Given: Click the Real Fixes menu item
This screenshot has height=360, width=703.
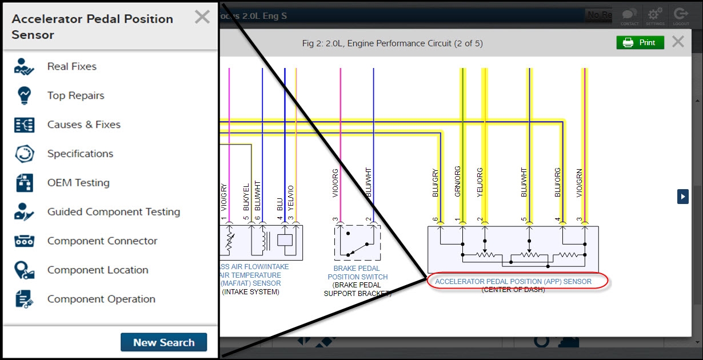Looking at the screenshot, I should coord(71,66).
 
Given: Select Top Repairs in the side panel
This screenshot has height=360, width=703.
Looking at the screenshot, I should coord(75,95).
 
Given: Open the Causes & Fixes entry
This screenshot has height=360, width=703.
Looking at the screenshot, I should coord(83,125).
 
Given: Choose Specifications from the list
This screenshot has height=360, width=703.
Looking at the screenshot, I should coord(80,154).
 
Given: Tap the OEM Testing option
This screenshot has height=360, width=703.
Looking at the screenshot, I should coord(78,183).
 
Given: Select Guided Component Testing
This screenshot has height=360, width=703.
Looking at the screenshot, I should coord(113,212).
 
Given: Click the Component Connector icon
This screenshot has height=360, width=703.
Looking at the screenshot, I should coord(25,241).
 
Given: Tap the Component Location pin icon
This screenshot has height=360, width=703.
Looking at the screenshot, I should coord(25,270).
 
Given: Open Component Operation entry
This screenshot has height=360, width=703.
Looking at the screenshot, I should coord(101,299).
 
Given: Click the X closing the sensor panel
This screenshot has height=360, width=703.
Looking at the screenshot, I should coord(202,17).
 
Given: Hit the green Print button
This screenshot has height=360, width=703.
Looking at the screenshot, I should coord(640,43).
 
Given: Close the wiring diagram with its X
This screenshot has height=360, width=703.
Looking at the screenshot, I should coord(678,42).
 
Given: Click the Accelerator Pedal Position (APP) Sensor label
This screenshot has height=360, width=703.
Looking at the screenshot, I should coord(513,281).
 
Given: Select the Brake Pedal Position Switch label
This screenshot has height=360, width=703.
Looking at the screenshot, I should coord(357,273).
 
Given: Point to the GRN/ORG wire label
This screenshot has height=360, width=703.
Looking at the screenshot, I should coord(458,182).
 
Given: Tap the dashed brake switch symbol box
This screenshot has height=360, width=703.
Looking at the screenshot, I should coord(357,243).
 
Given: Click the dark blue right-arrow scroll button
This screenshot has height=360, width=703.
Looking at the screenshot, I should coord(683,196).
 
